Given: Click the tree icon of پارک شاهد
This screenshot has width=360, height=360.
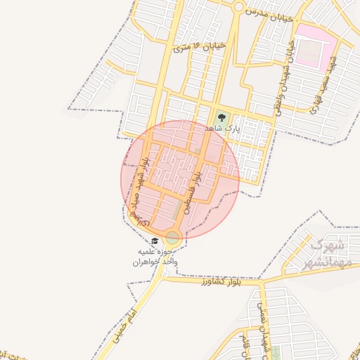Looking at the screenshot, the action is pyautogui.click(x=222, y=117).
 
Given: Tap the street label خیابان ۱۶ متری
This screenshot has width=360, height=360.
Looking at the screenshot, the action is pyautogui.click(x=200, y=47).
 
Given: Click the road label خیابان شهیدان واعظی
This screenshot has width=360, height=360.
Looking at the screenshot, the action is pyautogui.click(x=282, y=77).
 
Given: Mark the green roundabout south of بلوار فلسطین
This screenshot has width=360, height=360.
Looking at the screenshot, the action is pyautogui.click(x=172, y=237).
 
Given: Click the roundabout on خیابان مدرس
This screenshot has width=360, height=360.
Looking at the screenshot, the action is pyautogui.click(x=239, y=7).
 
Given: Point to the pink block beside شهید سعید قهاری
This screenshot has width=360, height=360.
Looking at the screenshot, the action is pyautogui.click(x=310, y=46).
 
